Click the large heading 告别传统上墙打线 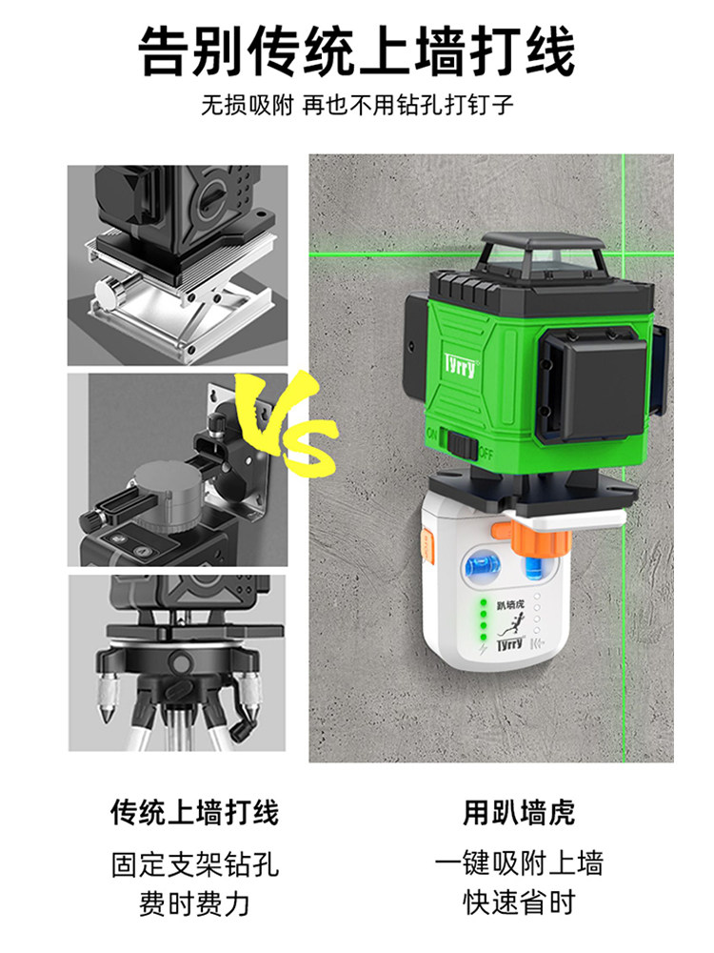point(357,51)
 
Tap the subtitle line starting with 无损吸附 point(357,106)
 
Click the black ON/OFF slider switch point(463,444)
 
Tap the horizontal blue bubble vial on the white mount point(483,564)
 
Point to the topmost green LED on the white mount point(484,603)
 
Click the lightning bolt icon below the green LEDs point(484,649)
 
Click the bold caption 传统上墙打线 point(194,813)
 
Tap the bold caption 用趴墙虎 point(519,813)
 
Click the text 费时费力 point(194,903)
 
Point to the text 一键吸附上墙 point(519,863)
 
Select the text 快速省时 point(519,902)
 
